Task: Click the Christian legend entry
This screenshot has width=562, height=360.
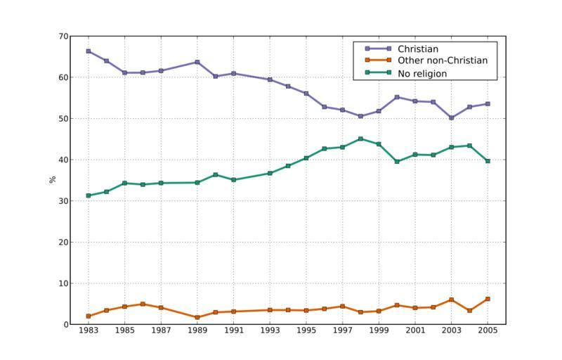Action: [x=417, y=49]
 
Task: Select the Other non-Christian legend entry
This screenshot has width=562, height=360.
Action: [x=442, y=61]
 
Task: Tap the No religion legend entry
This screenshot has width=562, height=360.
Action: [x=421, y=73]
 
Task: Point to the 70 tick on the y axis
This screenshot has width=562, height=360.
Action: [x=63, y=37]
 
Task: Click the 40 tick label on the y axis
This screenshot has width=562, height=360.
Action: [x=63, y=160]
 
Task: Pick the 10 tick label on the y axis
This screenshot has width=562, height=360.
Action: [x=63, y=283]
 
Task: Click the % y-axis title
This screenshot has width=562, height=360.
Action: [x=52, y=180]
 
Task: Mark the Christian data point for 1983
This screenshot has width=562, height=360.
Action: [x=89, y=51]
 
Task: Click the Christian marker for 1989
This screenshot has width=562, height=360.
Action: [x=197, y=62]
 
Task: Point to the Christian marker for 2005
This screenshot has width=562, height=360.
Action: [x=488, y=104]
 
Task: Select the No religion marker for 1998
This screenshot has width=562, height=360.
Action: [x=360, y=139]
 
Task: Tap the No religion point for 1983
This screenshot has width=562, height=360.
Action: [x=89, y=195]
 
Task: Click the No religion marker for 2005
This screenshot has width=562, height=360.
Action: [x=488, y=161]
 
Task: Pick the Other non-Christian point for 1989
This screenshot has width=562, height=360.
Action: [x=197, y=317]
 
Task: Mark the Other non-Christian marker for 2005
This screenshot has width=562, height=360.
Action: [x=488, y=299]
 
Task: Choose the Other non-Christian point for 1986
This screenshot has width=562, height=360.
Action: [x=143, y=304]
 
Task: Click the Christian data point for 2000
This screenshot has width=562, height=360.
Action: [x=397, y=97]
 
